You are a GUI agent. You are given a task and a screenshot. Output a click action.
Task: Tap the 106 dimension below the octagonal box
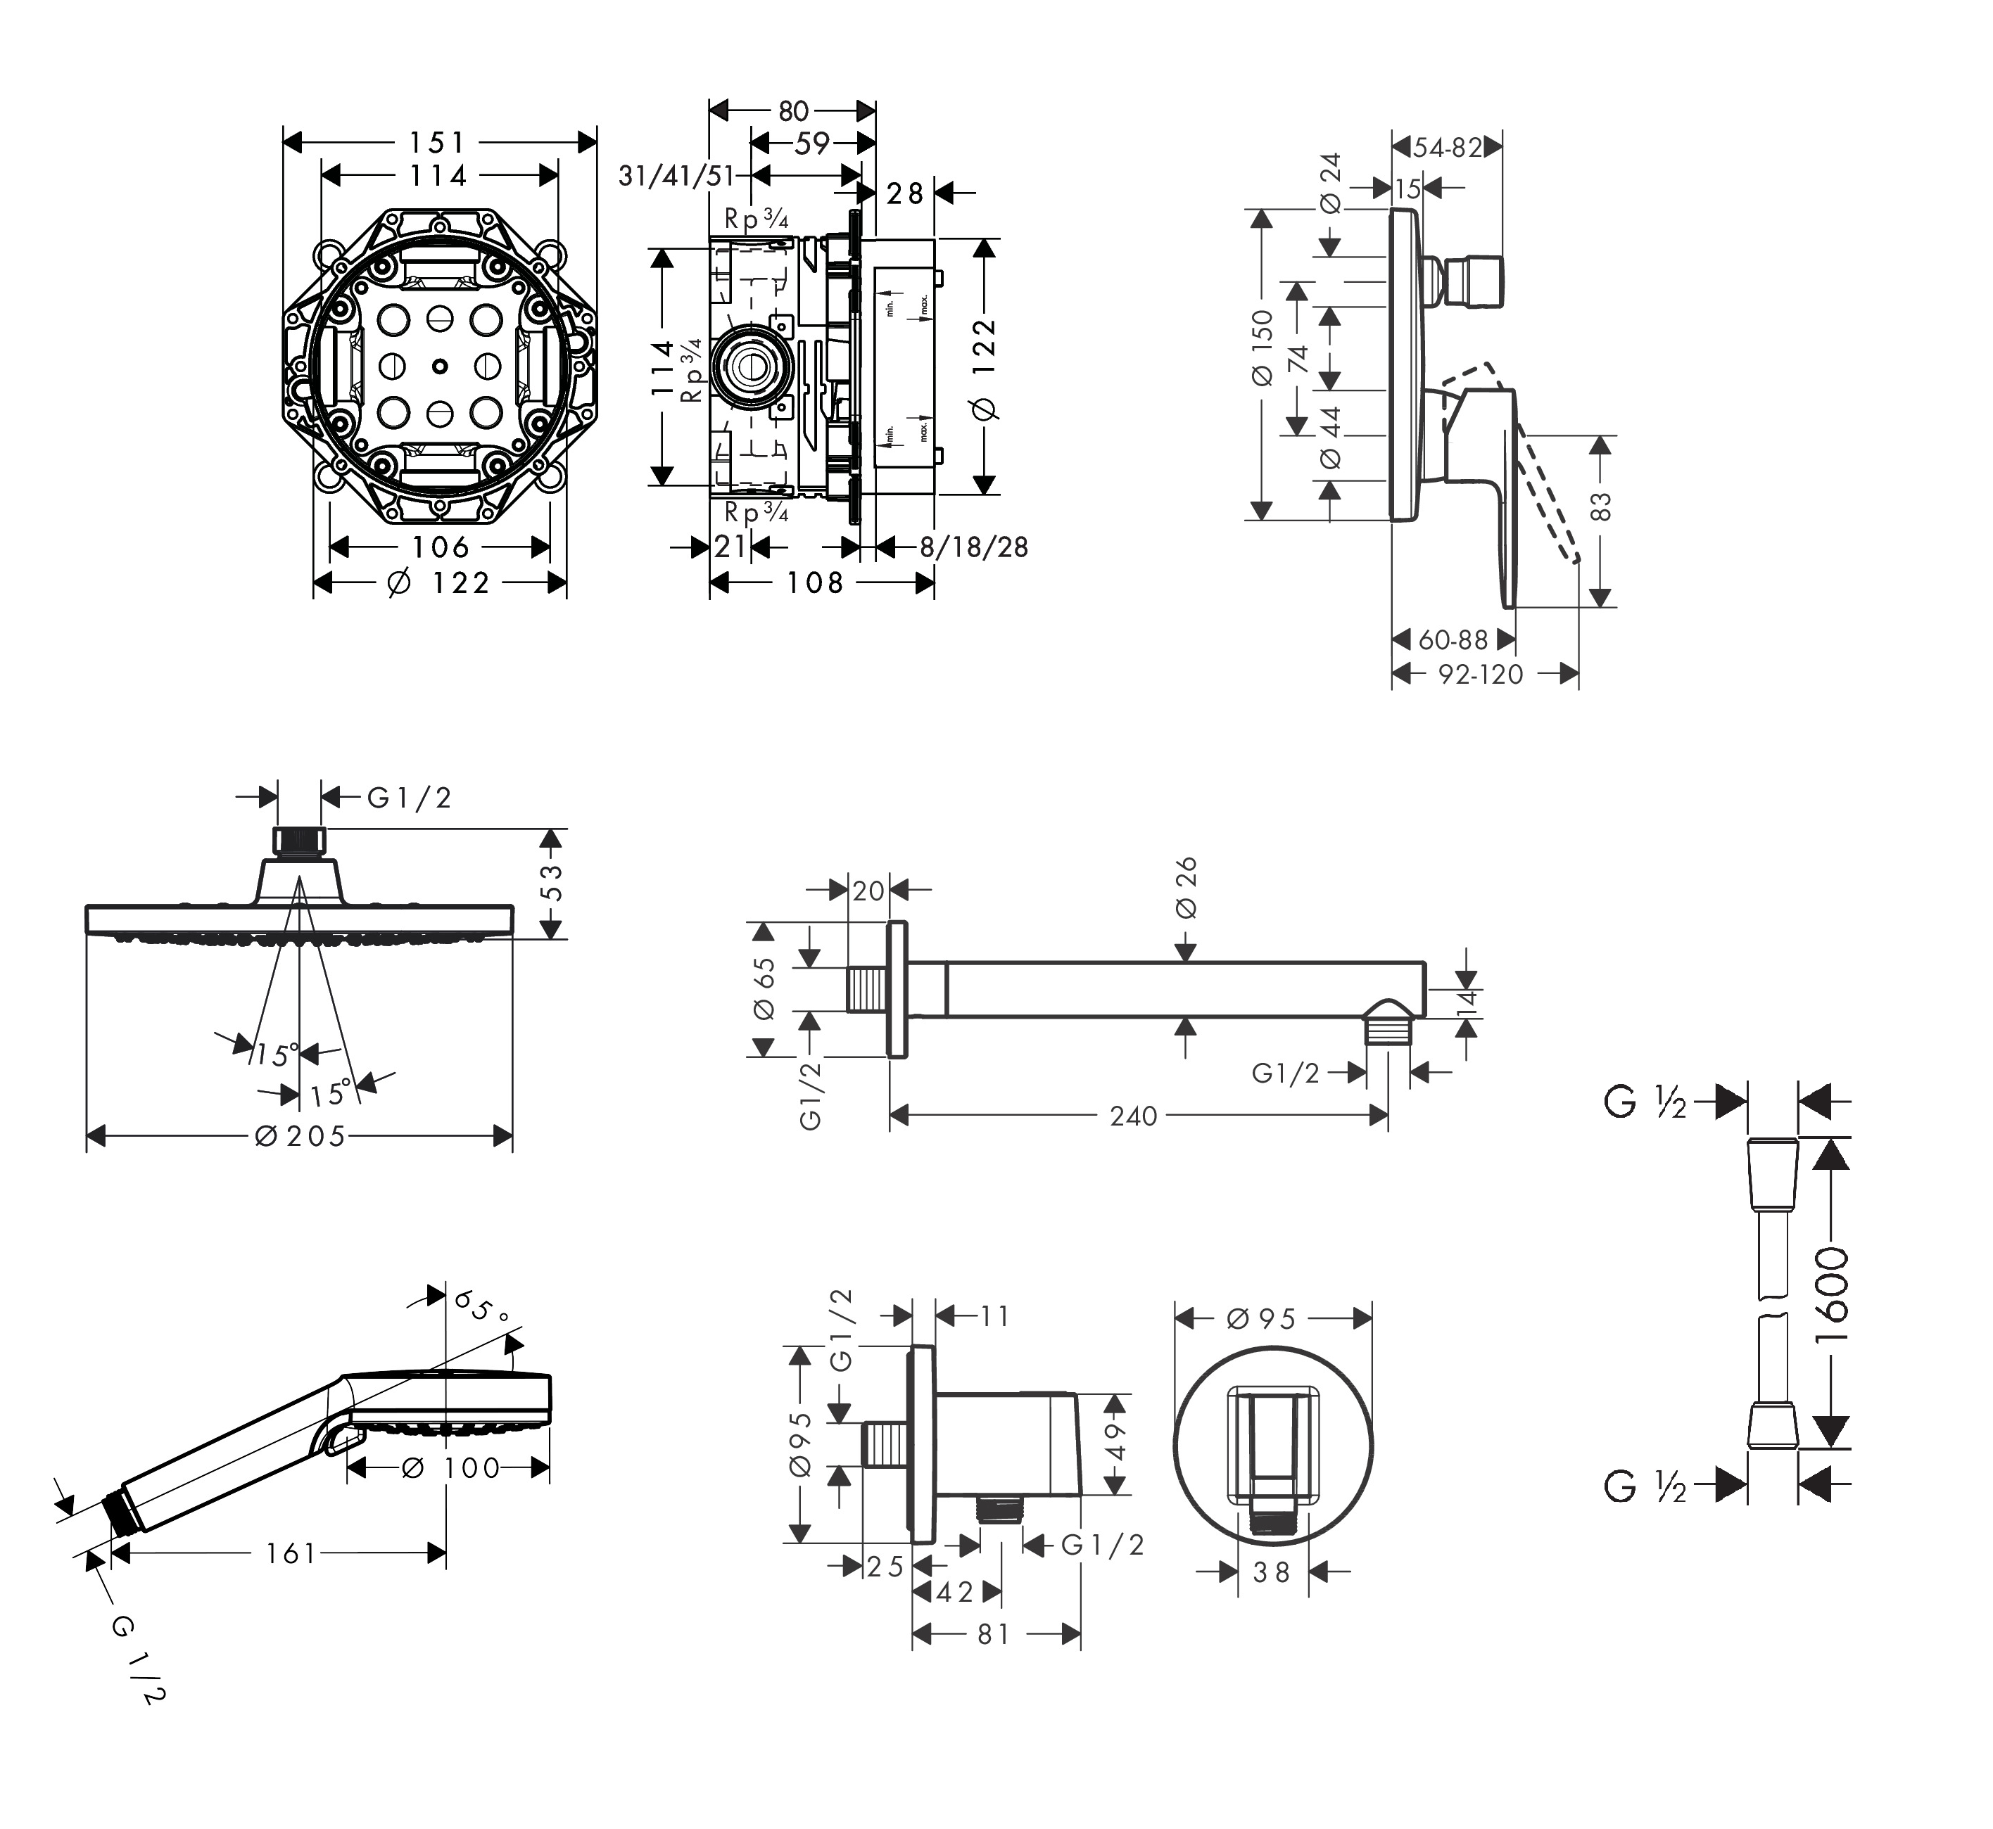441,547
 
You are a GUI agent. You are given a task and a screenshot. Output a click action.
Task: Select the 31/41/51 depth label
676,176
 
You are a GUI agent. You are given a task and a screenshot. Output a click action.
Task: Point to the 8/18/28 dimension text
974,547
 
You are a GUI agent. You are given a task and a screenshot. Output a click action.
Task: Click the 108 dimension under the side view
815,583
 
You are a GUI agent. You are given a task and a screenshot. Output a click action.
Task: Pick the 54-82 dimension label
1448,148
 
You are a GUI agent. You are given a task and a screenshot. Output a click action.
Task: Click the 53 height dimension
552,882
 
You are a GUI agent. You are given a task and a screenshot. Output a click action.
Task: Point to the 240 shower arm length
1134,1116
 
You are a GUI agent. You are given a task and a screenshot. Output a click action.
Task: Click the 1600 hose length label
1833,1294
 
